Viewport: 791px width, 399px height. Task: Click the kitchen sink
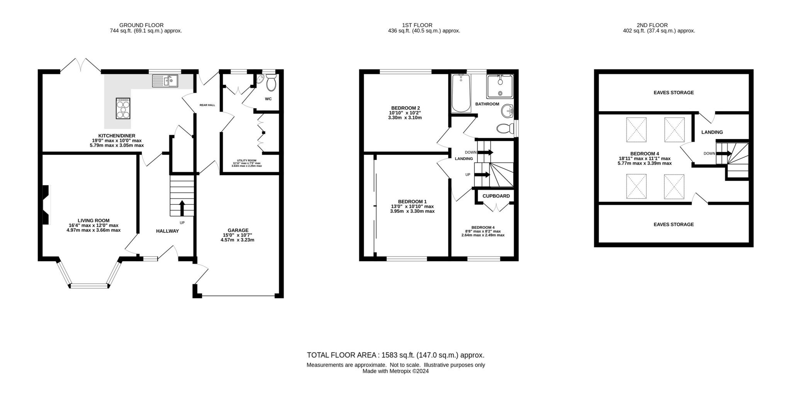pyautogui.click(x=165, y=81)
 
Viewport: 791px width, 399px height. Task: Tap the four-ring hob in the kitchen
pyautogui.click(x=123, y=108)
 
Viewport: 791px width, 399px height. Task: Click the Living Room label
pyautogui.click(x=93, y=221)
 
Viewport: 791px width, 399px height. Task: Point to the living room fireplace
pyautogui.click(x=46, y=205)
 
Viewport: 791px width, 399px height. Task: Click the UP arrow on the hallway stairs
pyautogui.click(x=182, y=208)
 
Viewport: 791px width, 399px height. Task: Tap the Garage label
pyautogui.click(x=238, y=230)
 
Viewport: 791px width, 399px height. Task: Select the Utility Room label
pyautogui.click(x=246, y=160)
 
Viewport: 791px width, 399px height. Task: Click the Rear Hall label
pyautogui.click(x=207, y=105)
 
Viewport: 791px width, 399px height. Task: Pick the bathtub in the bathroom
pyautogui.click(x=461, y=93)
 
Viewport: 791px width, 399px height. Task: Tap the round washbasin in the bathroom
pyautogui.click(x=508, y=112)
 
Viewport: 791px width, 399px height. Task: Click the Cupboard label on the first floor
pyautogui.click(x=496, y=196)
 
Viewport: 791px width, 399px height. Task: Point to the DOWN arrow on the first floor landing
pyautogui.click(x=485, y=152)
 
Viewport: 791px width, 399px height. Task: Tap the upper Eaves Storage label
pyautogui.click(x=674, y=93)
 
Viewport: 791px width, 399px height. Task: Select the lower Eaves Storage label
pyautogui.click(x=674, y=224)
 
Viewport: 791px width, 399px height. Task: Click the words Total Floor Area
pyautogui.click(x=341, y=355)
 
